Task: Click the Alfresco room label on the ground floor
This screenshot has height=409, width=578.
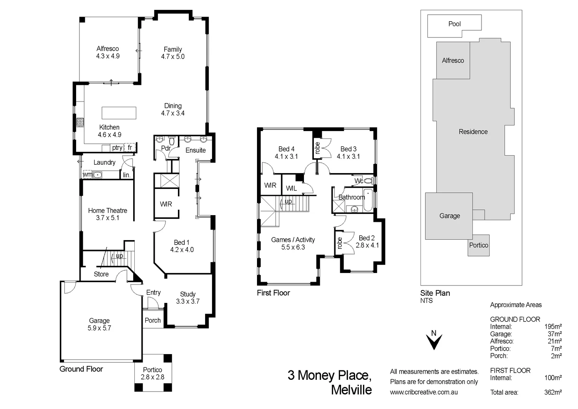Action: tap(107, 49)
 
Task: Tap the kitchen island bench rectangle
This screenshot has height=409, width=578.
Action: tap(119, 113)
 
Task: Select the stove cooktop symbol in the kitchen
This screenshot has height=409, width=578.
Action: tap(80, 122)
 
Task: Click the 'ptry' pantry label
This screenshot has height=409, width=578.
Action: tap(117, 148)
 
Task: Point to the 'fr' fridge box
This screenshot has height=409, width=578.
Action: tap(130, 147)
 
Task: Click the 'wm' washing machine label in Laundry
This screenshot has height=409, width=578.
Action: tap(87, 175)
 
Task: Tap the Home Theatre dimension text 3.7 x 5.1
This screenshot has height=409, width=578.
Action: tap(107, 218)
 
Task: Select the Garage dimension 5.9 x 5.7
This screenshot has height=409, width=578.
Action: tap(99, 328)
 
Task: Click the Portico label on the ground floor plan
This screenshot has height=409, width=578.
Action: tap(153, 370)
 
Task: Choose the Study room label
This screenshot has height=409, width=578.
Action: tap(188, 294)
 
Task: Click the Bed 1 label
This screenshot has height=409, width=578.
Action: tap(182, 242)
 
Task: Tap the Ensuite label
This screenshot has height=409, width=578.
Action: tap(195, 150)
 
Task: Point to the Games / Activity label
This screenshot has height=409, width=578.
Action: tap(293, 240)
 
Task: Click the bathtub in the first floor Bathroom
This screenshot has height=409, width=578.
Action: tap(368, 201)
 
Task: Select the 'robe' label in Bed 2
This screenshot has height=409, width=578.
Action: tap(340, 242)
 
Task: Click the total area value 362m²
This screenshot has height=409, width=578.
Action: tap(553, 392)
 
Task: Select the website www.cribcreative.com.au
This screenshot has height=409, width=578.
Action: tap(424, 392)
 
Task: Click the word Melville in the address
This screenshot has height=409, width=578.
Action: tap(351, 390)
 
